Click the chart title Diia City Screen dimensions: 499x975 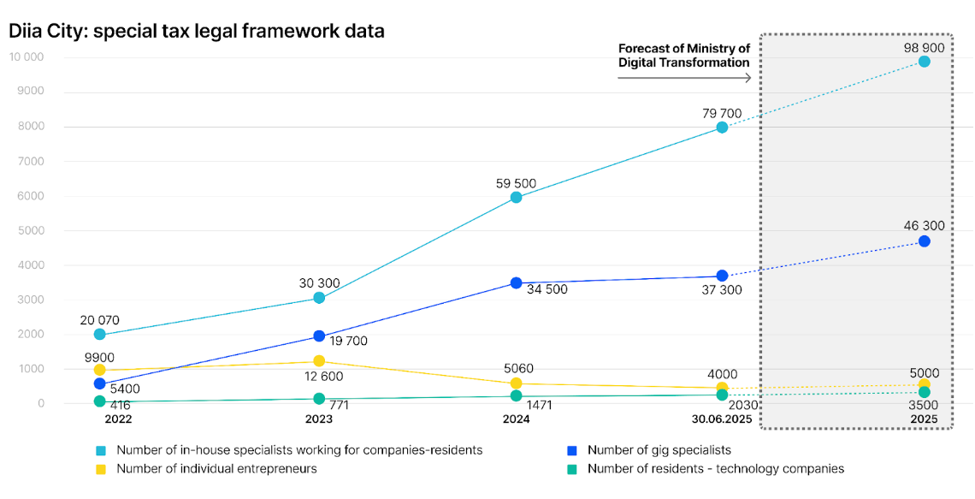(197, 32)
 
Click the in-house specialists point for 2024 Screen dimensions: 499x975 (516, 198)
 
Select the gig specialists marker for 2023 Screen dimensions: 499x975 (319, 336)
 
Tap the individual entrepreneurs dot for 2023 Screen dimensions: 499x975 (319, 361)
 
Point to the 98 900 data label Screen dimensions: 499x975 (924, 48)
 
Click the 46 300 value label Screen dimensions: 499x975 (924, 226)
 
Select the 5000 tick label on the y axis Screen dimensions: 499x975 (30, 230)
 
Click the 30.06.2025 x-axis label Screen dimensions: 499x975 (722, 419)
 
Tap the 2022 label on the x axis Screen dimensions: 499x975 (118, 419)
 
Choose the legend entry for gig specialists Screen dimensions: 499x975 (659, 449)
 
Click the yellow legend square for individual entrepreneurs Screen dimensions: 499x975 (101, 469)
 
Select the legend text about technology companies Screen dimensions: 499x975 (716, 468)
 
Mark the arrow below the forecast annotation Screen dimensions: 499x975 (684, 78)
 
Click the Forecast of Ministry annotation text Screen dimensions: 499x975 (684, 56)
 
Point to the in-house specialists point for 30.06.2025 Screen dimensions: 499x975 (722, 128)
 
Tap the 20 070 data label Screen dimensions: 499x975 (100, 320)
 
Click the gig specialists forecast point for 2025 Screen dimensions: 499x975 (924, 241)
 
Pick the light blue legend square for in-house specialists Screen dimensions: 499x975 (101, 450)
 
